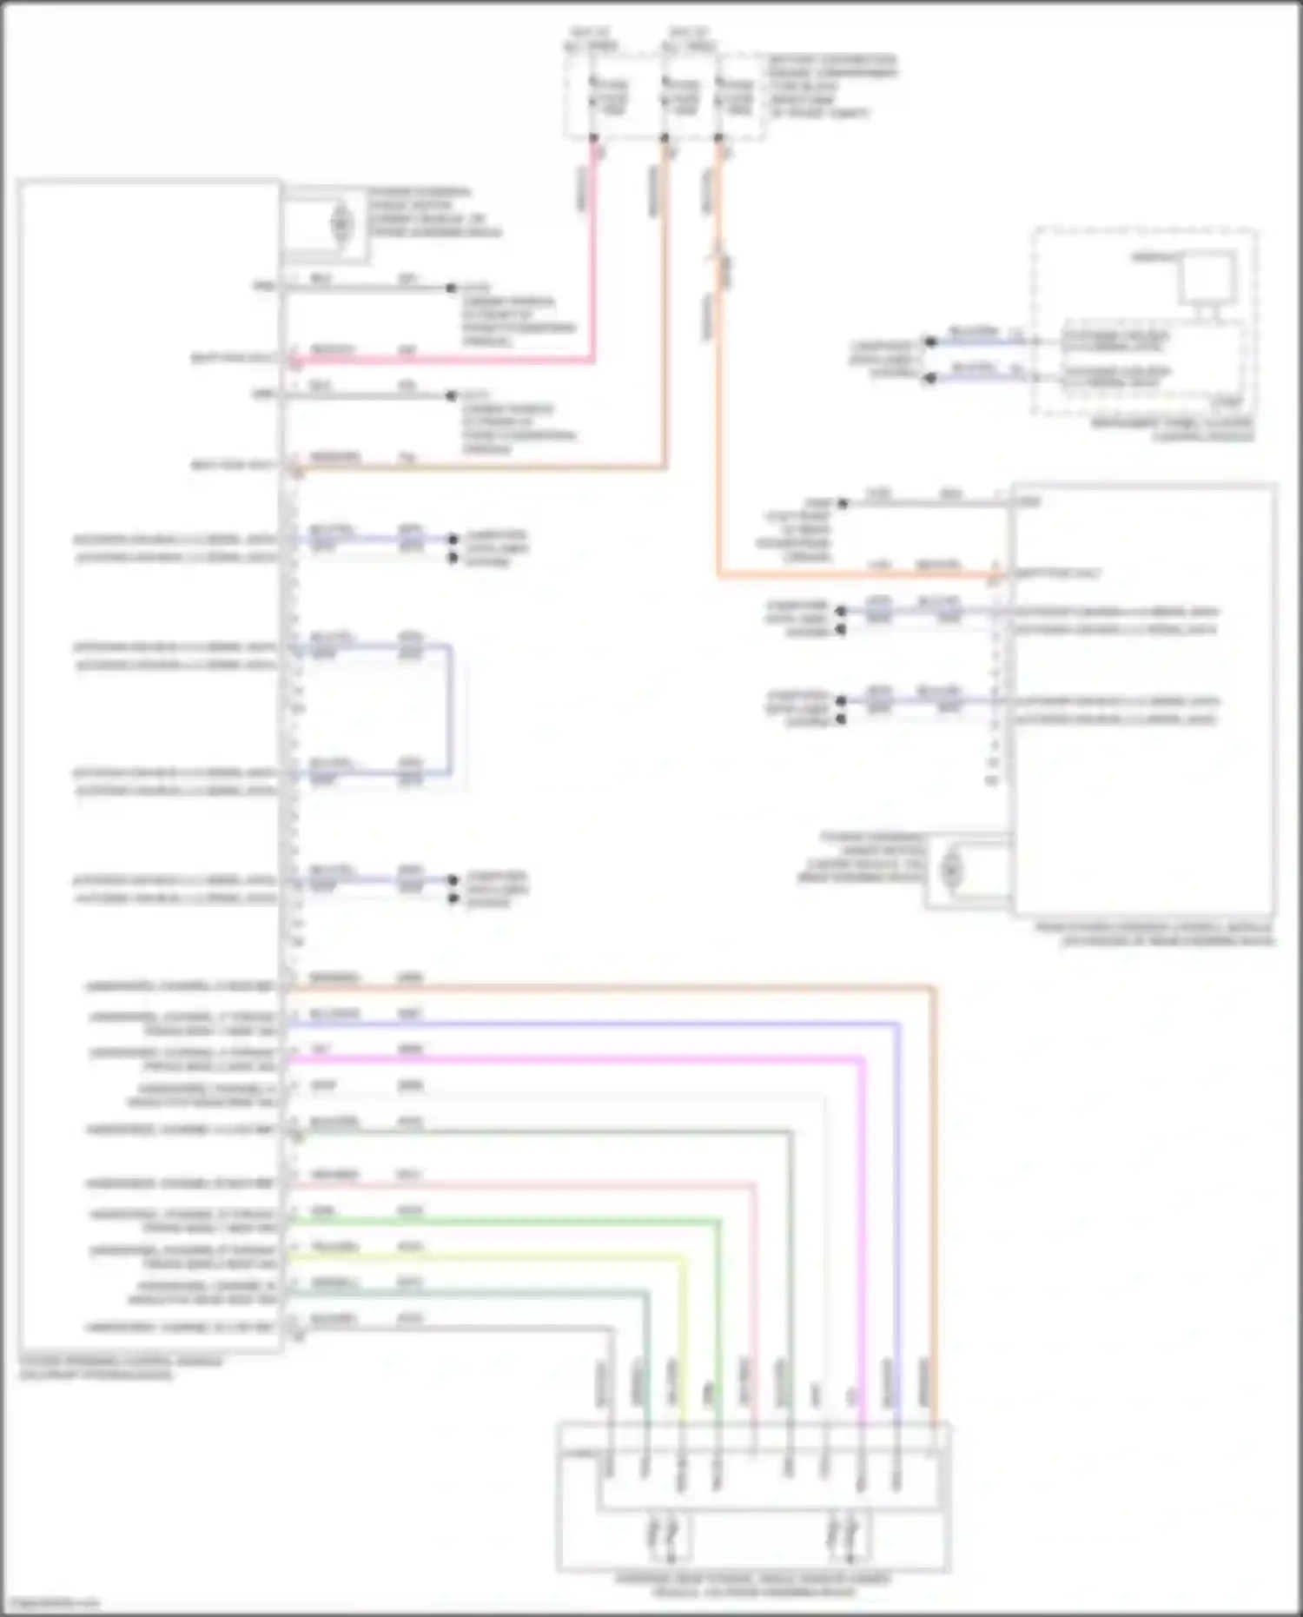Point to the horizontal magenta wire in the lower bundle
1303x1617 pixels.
(x=573, y=1058)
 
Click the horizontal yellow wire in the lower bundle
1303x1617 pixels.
(x=486, y=1256)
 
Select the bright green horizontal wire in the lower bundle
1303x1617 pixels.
(x=504, y=1221)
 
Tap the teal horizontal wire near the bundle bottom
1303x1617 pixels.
(x=469, y=1293)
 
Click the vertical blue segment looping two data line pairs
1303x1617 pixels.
(x=450, y=709)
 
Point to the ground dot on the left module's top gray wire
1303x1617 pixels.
(x=451, y=288)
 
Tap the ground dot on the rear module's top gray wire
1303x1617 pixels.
(x=842, y=503)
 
